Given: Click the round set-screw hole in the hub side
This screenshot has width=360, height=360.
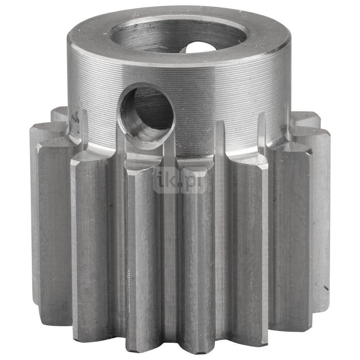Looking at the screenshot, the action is (145, 116).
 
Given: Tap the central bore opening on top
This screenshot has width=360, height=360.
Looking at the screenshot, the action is (179, 35).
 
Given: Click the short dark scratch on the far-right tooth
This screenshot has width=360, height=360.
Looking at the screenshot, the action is (326, 288).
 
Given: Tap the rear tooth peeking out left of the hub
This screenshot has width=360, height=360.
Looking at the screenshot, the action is (59, 115).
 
